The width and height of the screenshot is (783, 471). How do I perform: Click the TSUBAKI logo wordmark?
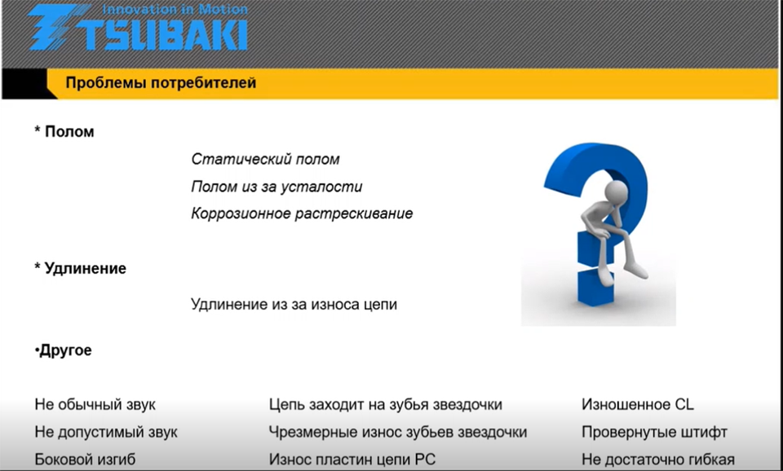point(137,30)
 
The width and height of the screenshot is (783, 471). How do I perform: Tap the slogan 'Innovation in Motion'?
point(175,9)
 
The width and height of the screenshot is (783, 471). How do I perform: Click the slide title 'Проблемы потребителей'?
point(161,83)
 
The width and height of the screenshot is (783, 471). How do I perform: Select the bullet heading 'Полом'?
point(69,132)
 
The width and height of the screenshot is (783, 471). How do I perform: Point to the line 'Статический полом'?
point(265,159)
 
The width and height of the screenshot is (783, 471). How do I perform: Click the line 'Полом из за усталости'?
point(276,187)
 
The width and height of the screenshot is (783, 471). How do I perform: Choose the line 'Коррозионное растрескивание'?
point(302,213)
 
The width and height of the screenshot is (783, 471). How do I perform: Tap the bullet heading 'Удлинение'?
point(86,268)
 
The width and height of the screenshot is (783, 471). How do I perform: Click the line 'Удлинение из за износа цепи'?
point(294,304)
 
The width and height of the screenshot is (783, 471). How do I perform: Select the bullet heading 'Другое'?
point(65,350)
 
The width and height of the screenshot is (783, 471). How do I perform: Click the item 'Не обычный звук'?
point(95,404)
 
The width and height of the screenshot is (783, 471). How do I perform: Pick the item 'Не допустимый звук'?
point(106,432)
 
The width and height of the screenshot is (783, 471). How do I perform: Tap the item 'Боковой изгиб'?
point(85,459)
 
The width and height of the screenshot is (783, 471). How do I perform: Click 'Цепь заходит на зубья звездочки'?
point(386,404)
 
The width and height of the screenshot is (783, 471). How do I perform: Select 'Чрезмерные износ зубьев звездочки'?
point(398,432)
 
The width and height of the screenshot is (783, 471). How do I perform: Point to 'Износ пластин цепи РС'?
point(352,459)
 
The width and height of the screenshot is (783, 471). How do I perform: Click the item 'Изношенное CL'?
point(638,404)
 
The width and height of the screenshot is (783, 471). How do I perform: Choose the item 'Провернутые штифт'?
point(654,432)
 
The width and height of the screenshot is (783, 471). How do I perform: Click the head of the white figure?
point(617,191)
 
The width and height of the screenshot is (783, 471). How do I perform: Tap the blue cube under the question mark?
point(595,287)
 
